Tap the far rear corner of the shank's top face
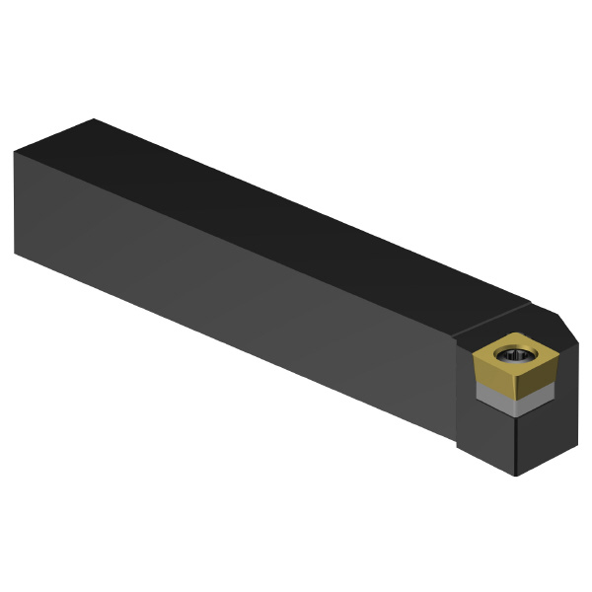point(93,119)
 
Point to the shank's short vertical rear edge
point(15,202)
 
